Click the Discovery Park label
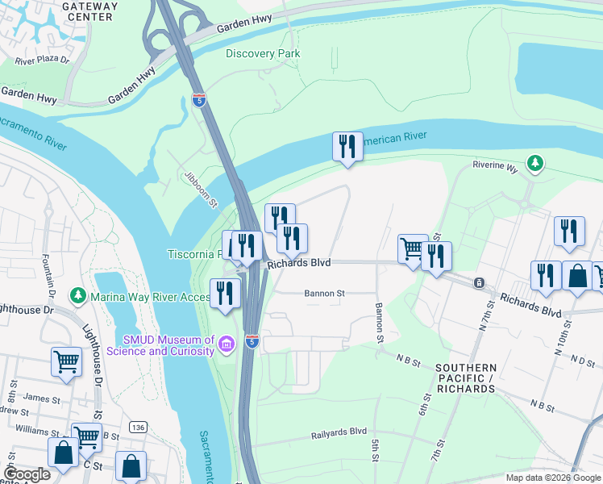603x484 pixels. pos(263,54)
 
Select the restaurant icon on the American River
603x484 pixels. pos(347,147)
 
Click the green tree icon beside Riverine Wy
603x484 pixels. pos(534,165)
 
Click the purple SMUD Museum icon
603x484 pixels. pos(227,345)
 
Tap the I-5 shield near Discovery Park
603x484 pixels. pos(198,100)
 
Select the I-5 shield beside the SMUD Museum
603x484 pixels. pos(252,341)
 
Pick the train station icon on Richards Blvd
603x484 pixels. pos(479,283)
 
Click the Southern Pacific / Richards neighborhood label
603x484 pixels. pos(464,378)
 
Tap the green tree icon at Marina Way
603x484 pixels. pos(77,296)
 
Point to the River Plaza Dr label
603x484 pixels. pos(43,60)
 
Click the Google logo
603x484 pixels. pos(26,474)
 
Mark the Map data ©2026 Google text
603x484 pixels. pos(552,478)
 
